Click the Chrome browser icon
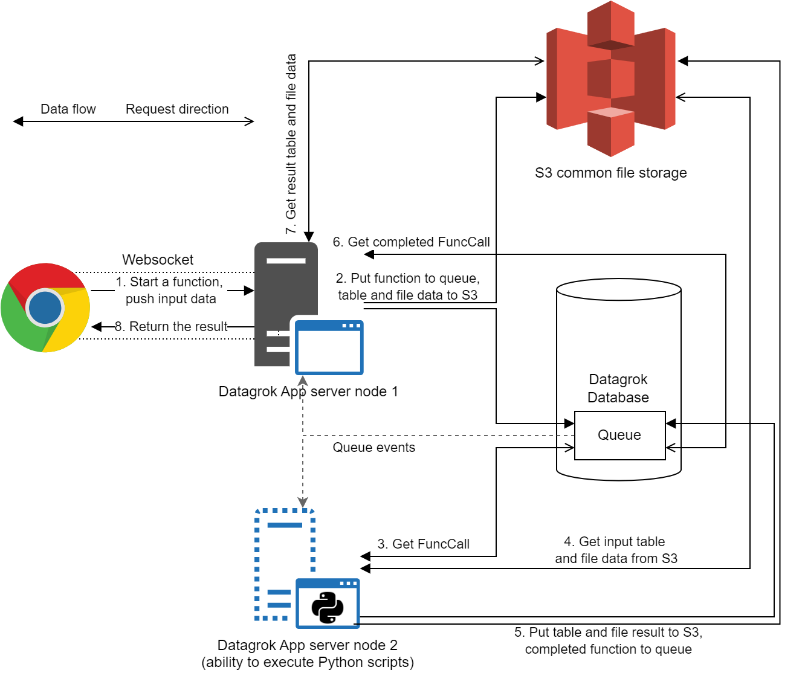click(45, 308)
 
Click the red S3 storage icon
click(610, 79)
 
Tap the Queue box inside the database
click(619, 435)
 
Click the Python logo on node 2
click(328, 607)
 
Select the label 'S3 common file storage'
click(610, 173)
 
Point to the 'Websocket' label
click(158, 260)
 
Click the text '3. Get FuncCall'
click(423, 544)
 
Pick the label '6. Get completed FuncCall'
click(411, 242)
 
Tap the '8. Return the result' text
click(171, 327)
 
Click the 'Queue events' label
click(373, 448)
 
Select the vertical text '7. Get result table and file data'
click(291, 144)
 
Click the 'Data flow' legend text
click(68, 109)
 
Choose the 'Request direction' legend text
click(177, 109)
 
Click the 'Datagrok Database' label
click(618, 388)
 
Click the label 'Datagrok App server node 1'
click(308, 391)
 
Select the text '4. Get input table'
click(614, 541)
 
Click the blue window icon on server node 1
click(329, 348)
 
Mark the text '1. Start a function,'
click(169, 282)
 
